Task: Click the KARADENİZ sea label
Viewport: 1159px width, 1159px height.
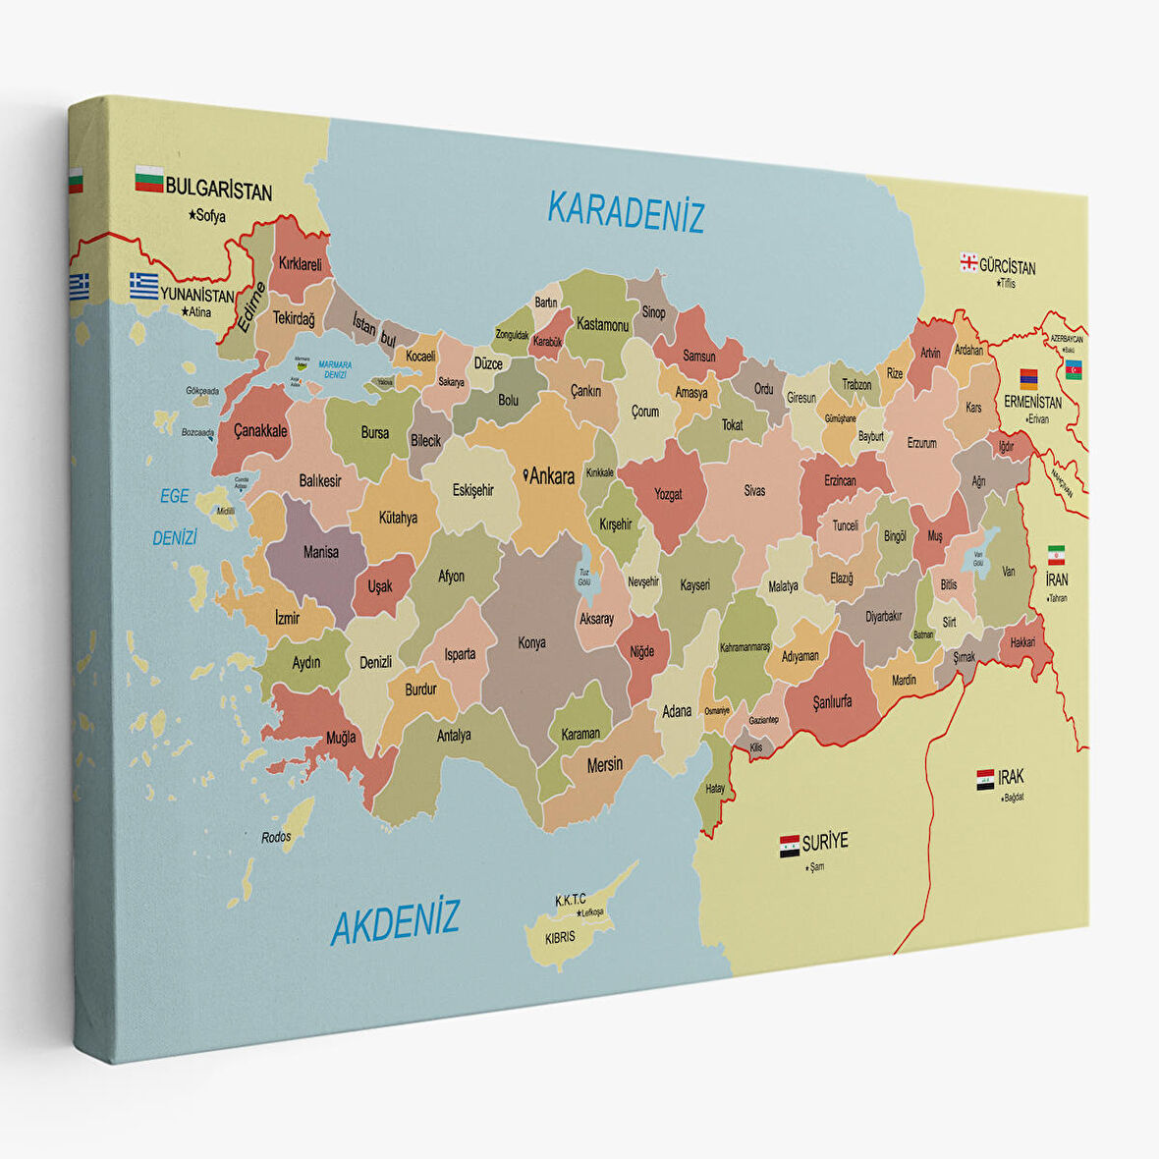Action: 626,211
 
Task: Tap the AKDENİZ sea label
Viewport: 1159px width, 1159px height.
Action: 395,921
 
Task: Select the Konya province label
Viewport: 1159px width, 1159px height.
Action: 531,643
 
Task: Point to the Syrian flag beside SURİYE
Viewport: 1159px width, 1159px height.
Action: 789,846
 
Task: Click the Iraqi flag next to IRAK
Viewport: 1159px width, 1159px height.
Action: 985,780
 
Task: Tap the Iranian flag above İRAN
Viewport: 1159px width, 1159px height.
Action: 1056,554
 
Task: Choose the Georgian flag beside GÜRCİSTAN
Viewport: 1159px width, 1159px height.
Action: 968,262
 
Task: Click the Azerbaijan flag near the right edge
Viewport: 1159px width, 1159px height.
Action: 1074,369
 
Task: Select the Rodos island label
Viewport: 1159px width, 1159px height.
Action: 277,837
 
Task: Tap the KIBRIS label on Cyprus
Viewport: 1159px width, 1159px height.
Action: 560,937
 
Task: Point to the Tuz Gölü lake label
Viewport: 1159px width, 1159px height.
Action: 584,576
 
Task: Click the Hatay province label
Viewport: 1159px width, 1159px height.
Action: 715,789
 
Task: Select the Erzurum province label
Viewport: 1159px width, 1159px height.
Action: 921,443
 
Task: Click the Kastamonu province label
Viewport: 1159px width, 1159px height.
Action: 602,323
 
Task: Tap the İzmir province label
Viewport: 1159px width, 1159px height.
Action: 287,618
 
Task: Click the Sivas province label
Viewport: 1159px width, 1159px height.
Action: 753,490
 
